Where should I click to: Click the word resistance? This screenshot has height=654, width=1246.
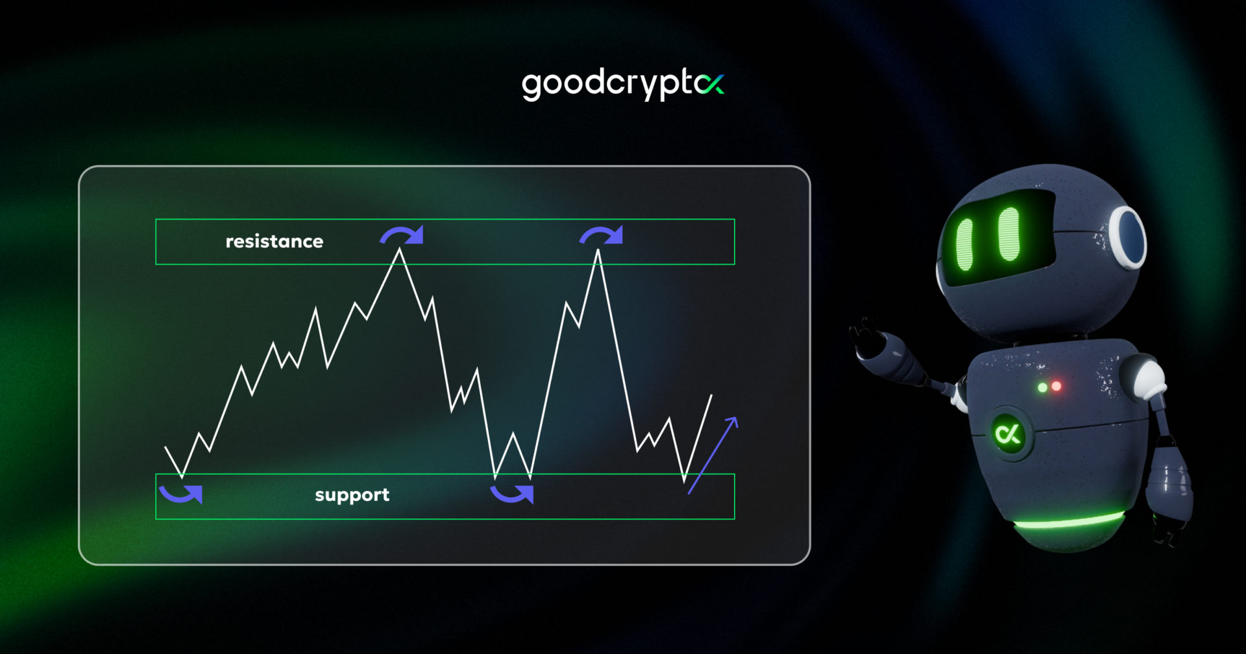pos(274,241)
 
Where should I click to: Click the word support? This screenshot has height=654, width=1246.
pos(352,495)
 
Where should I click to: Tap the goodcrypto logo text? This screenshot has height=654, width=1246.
pos(610,84)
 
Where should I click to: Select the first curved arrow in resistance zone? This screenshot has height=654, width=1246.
pos(402,235)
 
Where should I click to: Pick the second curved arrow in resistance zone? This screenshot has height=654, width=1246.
pos(602,235)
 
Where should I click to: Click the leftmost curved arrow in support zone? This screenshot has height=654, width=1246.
pos(182,494)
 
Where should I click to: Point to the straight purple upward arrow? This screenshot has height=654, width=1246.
pos(713,455)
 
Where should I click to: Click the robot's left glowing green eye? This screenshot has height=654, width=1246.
pos(965,244)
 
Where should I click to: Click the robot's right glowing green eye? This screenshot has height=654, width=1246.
pos(1009,234)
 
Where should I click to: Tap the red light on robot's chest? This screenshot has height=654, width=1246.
pos(1057,386)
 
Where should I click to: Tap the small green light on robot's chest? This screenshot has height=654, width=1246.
pos(1042,387)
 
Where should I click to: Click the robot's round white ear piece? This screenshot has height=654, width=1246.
pos(1128,236)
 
